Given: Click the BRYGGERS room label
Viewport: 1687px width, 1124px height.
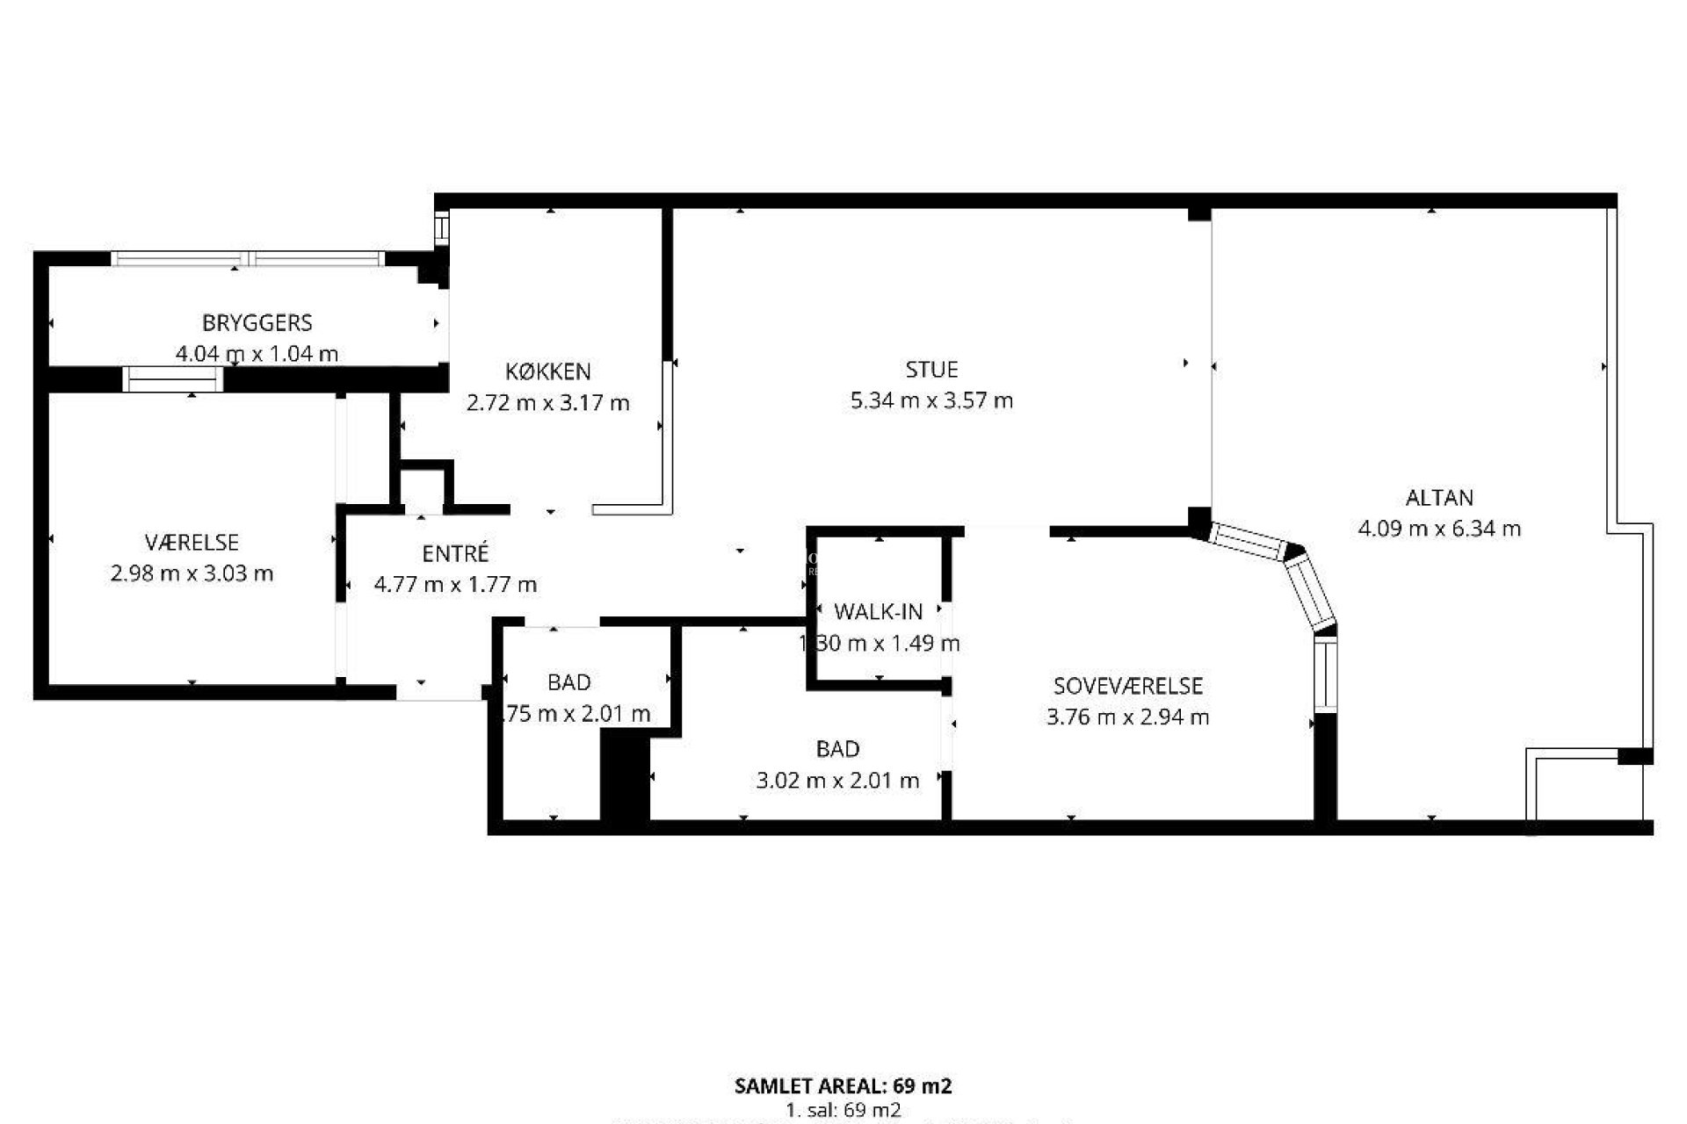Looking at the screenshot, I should [x=257, y=323].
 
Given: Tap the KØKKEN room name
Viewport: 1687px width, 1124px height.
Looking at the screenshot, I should [x=547, y=371].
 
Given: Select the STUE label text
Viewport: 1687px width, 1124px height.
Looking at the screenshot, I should [x=931, y=370].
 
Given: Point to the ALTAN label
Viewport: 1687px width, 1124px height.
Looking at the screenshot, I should [x=1439, y=498].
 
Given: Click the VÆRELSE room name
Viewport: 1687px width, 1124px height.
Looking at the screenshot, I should [x=192, y=543].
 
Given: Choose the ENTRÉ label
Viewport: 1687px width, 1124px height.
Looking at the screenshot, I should [x=455, y=554].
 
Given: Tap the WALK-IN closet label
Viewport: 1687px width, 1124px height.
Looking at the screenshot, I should [x=878, y=612].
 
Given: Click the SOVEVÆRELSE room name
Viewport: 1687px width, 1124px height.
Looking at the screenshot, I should [x=1128, y=686].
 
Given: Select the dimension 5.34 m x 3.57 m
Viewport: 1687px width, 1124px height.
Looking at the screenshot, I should [x=931, y=401].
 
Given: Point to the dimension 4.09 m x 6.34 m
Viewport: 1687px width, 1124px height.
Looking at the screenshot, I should [x=1439, y=529].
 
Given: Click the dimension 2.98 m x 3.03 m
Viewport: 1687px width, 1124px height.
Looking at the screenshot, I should [x=192, y=574].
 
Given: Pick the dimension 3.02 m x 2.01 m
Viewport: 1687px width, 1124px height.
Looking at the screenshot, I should [x=837, y=780].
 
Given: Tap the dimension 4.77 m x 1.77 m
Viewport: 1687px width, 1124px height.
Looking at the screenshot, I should [x=455, y=585].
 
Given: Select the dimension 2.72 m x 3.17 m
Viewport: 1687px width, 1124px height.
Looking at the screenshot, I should [x=547, y=403].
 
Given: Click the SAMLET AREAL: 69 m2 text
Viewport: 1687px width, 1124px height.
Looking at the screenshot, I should [x=843, y=1086].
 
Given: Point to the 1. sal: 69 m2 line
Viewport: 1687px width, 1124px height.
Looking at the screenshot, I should [x=843, y=1110].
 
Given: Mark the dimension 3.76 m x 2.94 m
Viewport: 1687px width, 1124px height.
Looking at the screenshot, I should [x=1128, y=717].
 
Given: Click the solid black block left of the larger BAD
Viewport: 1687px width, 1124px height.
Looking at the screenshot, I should [x=625, y=778].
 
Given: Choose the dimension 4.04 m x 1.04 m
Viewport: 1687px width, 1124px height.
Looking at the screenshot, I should [x=257, y=355].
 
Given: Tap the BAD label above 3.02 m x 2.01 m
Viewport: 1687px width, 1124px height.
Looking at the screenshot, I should [x=837, y=749].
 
